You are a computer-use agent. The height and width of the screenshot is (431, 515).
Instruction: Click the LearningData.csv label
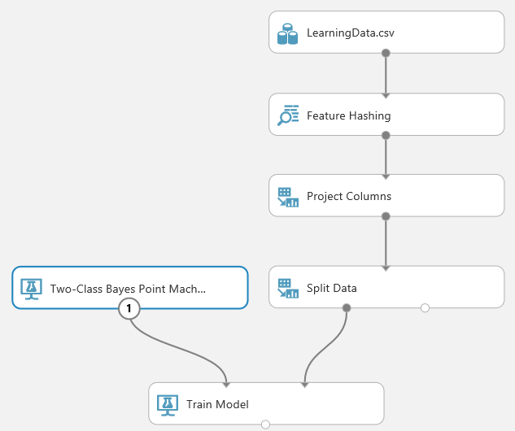350,33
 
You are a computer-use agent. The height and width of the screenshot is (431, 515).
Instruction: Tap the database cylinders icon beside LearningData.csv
287,33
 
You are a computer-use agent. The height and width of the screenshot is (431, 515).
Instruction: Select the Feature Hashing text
348,115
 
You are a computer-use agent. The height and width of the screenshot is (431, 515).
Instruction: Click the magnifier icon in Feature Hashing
288,115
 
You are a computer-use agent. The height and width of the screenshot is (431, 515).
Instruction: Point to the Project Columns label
349,196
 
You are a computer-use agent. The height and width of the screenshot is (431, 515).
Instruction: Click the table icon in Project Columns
288,197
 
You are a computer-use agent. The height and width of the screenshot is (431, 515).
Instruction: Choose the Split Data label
332,288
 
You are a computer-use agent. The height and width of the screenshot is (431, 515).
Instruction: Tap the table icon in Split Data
288,288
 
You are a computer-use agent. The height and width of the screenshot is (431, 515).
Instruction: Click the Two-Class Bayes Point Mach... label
128,289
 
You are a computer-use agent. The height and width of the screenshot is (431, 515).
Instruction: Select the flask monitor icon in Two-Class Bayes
31,289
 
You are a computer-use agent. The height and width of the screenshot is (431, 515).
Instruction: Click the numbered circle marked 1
129,308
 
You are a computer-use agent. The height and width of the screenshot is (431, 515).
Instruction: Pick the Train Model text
217,404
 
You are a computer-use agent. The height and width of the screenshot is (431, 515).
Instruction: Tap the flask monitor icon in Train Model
168,405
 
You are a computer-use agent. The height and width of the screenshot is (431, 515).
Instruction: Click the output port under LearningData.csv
386,53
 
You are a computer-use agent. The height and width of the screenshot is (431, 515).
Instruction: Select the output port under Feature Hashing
386,135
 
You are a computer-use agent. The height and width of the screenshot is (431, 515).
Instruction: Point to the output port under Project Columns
386,216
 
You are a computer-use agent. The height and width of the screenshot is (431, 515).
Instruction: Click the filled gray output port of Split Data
347,308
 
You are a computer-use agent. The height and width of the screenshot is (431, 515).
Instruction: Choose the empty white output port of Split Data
425,308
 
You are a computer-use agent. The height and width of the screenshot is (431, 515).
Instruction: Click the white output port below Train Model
266,424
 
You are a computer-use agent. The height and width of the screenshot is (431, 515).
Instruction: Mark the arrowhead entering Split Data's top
386,268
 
